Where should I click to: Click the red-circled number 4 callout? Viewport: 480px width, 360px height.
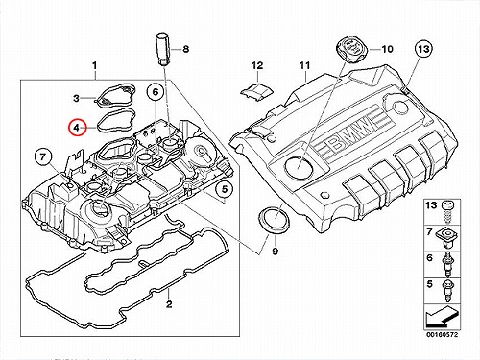77,128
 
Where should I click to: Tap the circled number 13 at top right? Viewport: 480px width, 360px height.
423,49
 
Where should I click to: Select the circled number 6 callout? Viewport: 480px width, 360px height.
156,92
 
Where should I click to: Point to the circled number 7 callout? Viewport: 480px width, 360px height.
43,156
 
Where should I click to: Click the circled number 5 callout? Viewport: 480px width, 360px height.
225,189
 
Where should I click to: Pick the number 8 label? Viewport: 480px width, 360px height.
185,49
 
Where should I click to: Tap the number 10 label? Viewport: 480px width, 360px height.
387,49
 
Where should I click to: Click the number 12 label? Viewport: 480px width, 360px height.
257,65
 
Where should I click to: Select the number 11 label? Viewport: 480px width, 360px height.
305,65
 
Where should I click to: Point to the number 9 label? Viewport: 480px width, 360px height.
276,252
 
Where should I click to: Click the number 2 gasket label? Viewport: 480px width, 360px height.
169,303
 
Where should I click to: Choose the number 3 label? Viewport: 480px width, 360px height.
76,98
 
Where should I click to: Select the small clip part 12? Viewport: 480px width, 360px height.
257,89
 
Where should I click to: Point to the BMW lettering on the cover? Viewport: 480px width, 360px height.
353,133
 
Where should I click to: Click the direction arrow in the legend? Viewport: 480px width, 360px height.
442,315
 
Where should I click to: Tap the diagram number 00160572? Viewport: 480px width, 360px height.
442,335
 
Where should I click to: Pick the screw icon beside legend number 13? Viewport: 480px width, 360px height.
446,210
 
